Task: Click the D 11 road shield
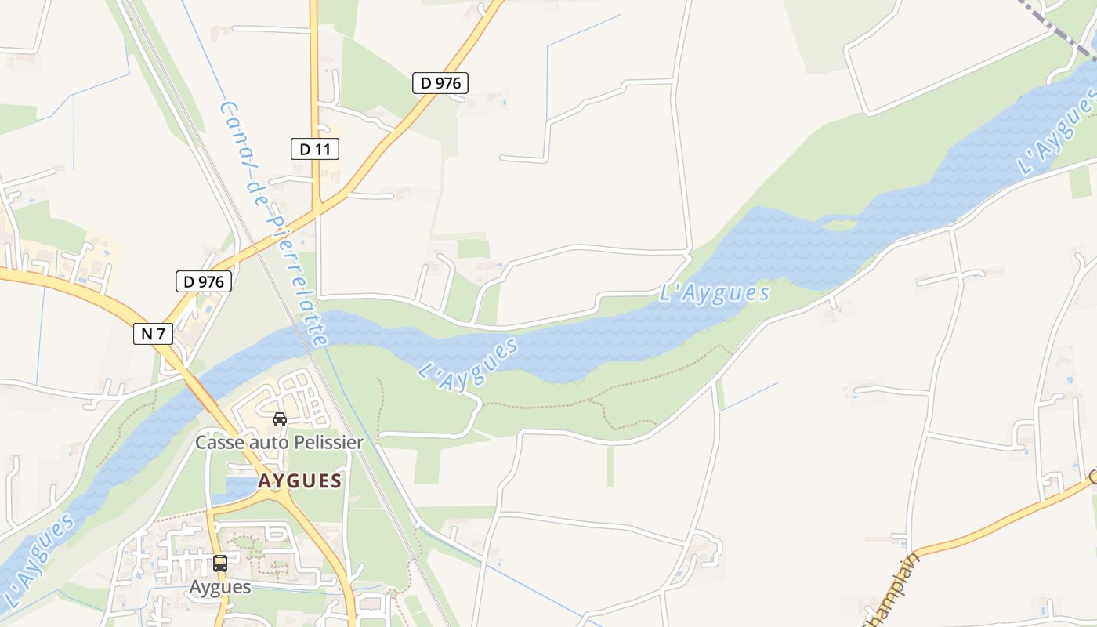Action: (315, 149)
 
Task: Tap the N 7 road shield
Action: (153, 334)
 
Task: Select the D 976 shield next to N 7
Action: (204, 281)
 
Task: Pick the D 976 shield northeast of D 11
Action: (440, 82)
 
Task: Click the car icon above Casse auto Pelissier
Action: (280, 419)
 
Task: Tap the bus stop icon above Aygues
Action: (220, 563)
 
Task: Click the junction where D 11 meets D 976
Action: (317, 210)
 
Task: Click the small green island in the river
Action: (838, 225)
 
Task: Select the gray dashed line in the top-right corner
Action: (1058, 27)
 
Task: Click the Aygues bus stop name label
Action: (220, 587)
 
